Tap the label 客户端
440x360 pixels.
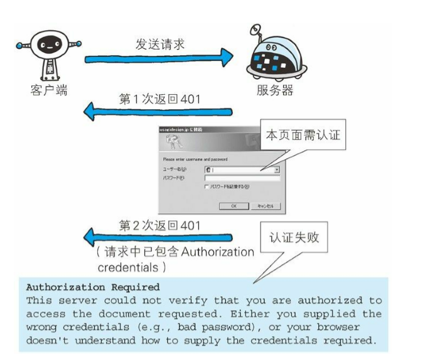tap(48, 90)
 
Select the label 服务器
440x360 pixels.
tap(274, 90)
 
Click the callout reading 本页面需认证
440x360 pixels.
tap(303, 135)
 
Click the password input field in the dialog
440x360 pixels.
tap(241, 179)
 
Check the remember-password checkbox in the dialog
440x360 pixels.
tap(207, 187)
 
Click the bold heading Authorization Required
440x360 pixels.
tap(92, 287)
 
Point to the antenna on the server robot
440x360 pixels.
tap(254, 31)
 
